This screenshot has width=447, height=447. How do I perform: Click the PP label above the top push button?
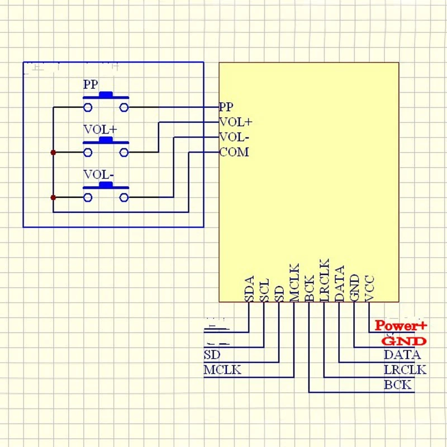(91, 85)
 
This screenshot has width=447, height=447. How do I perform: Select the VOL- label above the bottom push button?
(98, 174)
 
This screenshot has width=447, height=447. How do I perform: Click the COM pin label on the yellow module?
(234, 152)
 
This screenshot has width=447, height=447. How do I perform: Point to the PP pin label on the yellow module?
(226, 107)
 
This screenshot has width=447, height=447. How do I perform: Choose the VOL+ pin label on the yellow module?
(236, 122)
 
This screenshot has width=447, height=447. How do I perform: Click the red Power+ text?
(401, 325)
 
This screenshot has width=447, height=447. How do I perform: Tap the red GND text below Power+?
(404, 341)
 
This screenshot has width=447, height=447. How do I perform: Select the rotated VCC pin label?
(369, 289)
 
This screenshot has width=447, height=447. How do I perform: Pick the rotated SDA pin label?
(249, 289)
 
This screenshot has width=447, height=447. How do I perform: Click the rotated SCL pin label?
(265, 290)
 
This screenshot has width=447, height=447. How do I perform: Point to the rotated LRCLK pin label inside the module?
(325, 280)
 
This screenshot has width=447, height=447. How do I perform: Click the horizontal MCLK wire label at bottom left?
(223, 369)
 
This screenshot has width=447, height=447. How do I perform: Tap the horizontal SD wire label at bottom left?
(212, 354)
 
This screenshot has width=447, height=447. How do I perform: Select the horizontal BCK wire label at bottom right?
(397, 384)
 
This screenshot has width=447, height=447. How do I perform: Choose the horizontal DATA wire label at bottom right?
(402, 354)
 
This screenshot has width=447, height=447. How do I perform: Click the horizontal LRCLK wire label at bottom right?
(405, 369)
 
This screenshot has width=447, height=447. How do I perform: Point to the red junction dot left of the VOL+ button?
(53, 152)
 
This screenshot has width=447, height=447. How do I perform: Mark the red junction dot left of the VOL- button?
(53, 197)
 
